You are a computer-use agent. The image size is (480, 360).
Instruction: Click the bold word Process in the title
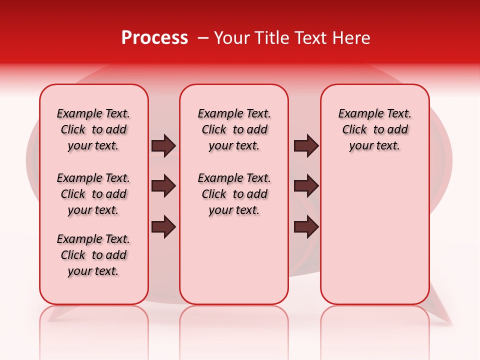(154, 38)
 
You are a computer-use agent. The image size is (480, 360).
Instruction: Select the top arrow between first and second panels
(163, 146)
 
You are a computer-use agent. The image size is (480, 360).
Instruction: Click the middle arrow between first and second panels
(163, 186)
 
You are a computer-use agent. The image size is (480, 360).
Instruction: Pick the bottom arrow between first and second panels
(163, 227)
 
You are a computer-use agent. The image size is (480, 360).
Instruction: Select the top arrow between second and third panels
(306, 146)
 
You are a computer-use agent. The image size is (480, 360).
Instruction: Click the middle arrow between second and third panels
(306, 186)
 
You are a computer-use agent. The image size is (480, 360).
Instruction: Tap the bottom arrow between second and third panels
(306, 227)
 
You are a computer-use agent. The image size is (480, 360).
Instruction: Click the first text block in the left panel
(93, 129)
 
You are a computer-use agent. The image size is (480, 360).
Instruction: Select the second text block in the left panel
(93, 194)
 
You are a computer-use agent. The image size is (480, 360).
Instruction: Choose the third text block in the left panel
(93, 255)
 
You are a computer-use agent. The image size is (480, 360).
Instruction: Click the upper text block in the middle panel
(234, 129)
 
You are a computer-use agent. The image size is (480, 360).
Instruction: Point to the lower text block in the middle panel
(234, 194)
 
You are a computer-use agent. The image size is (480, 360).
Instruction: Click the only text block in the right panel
(374, 129)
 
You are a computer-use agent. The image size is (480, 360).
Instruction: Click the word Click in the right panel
(354, 130)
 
